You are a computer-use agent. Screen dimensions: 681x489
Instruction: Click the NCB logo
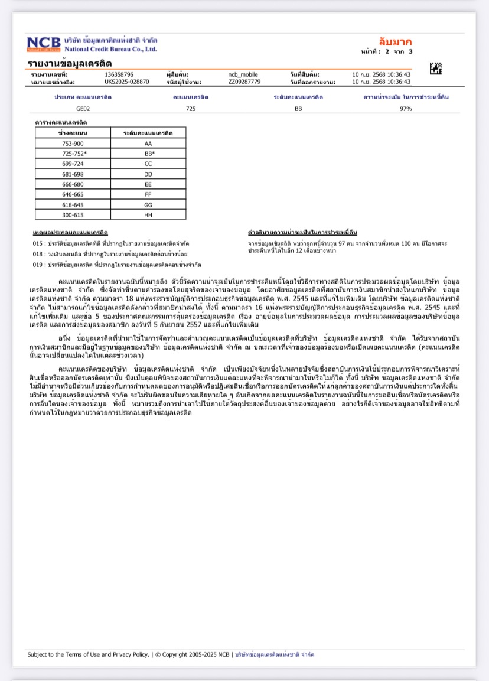tap(44, 44)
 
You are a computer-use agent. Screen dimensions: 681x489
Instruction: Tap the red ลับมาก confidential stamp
tap(396, 42)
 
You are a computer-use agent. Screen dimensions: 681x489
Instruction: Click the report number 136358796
tap(119, 74)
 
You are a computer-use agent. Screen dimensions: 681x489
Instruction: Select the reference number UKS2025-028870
tap(127, 82)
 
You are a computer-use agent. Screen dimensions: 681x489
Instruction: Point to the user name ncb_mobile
tap(243, 74)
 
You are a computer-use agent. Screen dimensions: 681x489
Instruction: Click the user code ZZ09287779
tap(244, 82)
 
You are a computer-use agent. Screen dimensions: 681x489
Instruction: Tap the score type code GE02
tap(83, 109)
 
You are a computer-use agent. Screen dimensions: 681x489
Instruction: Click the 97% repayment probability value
tap(405, 109)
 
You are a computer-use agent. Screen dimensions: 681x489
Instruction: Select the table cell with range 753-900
tap(73, 144)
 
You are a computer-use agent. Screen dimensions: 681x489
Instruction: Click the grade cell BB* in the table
tap(149, 154)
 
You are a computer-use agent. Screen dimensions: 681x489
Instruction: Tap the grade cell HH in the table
tap(148, 215)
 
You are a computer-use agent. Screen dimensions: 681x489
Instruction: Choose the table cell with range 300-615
tap(73, 215)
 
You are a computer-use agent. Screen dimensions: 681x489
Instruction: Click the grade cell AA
tap(148, 144)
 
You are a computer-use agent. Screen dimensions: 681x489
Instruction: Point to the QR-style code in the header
tap(435, 69)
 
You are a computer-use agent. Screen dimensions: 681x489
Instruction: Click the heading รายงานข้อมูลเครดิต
tap(69, 63)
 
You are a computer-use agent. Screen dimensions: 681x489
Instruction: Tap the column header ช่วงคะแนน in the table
tap(73, 133)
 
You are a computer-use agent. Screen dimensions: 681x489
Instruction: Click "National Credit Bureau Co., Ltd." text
tap(110, 49)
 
